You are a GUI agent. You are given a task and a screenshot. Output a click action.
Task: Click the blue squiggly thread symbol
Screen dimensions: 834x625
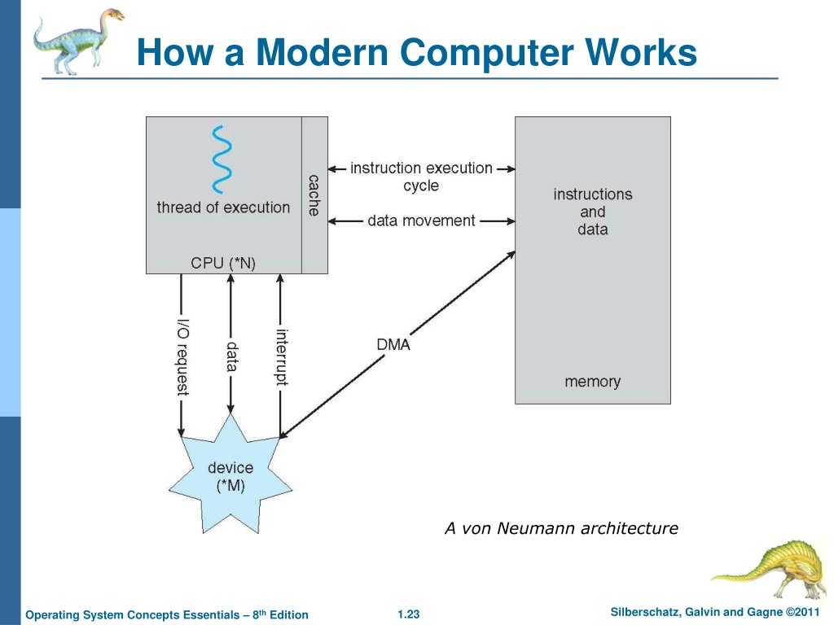coord(222,160)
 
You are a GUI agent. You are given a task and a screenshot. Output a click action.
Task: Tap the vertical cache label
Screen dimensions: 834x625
coord(314,195)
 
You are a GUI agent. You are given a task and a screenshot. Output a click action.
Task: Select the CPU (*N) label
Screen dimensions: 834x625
coord(223,263)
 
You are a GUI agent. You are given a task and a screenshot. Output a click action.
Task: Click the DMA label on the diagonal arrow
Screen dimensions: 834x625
coord(393,344)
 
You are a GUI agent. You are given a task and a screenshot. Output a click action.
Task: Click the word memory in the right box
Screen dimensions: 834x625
coord(593,382)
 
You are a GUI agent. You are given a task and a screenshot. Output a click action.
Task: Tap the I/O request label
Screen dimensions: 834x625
coord(182,357)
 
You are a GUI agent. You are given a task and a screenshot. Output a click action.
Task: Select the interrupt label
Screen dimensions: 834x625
coord(282,357)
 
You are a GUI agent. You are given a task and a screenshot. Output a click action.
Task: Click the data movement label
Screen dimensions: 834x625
coord(421,221)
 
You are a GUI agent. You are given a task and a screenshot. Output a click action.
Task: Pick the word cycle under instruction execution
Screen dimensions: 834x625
coord(421,186)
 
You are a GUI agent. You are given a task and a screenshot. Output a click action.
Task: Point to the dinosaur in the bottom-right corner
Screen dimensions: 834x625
coord(770,569)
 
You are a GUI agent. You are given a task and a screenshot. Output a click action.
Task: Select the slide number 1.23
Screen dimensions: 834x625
coord(409,614)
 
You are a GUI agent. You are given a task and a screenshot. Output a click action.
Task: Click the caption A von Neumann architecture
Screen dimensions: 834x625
coord(561,528)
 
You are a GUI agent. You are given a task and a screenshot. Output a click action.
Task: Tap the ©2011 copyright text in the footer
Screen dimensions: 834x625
coord(802,612)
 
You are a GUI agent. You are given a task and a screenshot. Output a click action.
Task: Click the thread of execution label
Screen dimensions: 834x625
coord(223,208)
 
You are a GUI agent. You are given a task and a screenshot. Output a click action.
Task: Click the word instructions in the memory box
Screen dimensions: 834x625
coord(593,194)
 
